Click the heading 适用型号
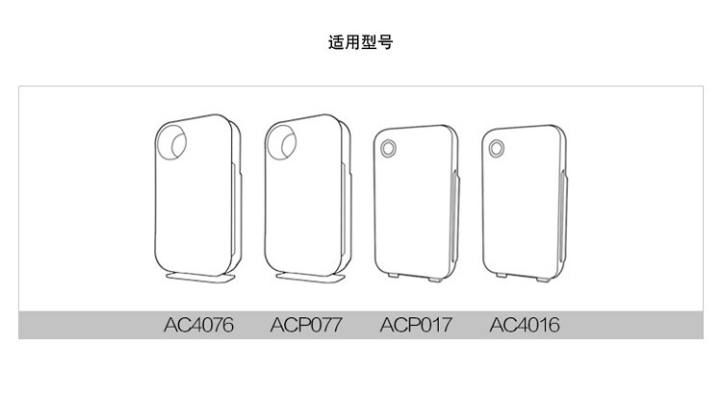pos(360,42)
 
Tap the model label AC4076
pos(197,324)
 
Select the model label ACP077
pos(306,324)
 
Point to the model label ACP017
pos(415,324)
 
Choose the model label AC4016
pos(524,324)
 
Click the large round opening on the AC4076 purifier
pos(176,142)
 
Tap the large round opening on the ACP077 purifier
pos(284,142)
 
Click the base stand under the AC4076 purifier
pos(201,277)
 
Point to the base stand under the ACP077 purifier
pos(309,277)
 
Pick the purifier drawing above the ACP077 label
pos(307,202)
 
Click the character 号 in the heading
pos(386,42)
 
